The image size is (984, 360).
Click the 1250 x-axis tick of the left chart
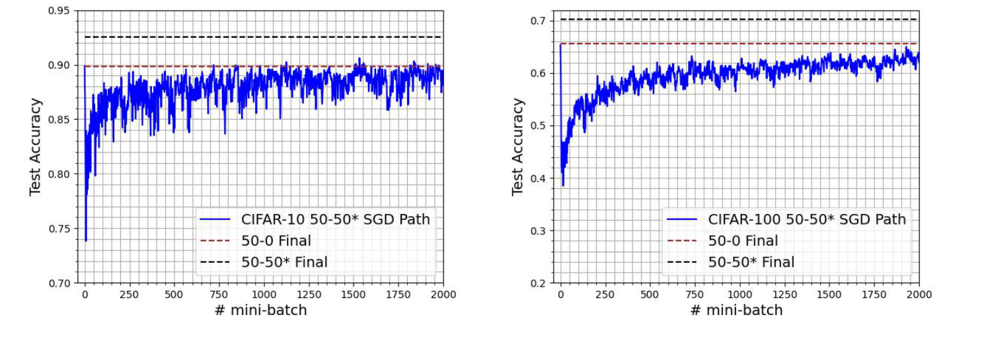[x=309, y=295]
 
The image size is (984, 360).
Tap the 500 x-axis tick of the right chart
[x=650, y=295]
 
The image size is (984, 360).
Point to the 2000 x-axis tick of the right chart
[x=919, y=295]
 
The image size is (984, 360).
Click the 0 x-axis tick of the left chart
[x=85, y=295]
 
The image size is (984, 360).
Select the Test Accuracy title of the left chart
[x=36, y=147]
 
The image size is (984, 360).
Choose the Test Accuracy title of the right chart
[x=518, y=147]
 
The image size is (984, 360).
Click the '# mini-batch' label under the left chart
[x=260, y=310]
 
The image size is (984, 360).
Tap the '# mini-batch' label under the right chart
[x=736, y=310]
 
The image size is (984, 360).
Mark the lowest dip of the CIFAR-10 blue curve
[x=86, y=241]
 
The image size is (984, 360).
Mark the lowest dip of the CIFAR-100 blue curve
[x=563, y=186]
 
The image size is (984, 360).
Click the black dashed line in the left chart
[x=264, y=37]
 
